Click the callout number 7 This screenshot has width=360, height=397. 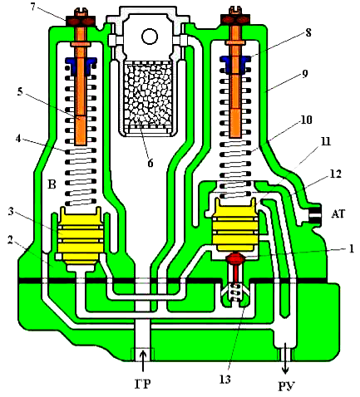click(x=34, y=7)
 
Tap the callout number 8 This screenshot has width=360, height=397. click(x=308, y=32)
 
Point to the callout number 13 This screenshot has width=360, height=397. click(x=225, y=379)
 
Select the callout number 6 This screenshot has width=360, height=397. click(x=150, y=163)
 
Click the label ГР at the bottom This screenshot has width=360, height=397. click(x=143, y=384)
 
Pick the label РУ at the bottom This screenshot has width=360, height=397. click(x=286, y=386)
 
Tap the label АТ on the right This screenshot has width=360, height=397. click(x=338, y=213)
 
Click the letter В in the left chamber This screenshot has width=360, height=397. click(x=52, y=184)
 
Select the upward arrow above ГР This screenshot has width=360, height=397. click(x=143, y=360)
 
